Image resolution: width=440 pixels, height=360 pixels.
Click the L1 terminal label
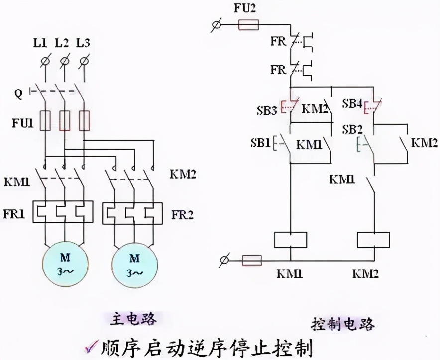[x=40, y=43]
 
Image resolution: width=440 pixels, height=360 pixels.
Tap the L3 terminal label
[x=83, y=43]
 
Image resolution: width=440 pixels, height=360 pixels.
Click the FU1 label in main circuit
[x=23, y=121]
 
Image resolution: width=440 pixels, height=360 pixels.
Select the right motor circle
[x=134, y=264]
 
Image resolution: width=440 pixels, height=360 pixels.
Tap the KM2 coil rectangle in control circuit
[x=373, y=240]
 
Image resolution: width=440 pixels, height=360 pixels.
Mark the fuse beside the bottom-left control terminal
[x=252, y=260]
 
